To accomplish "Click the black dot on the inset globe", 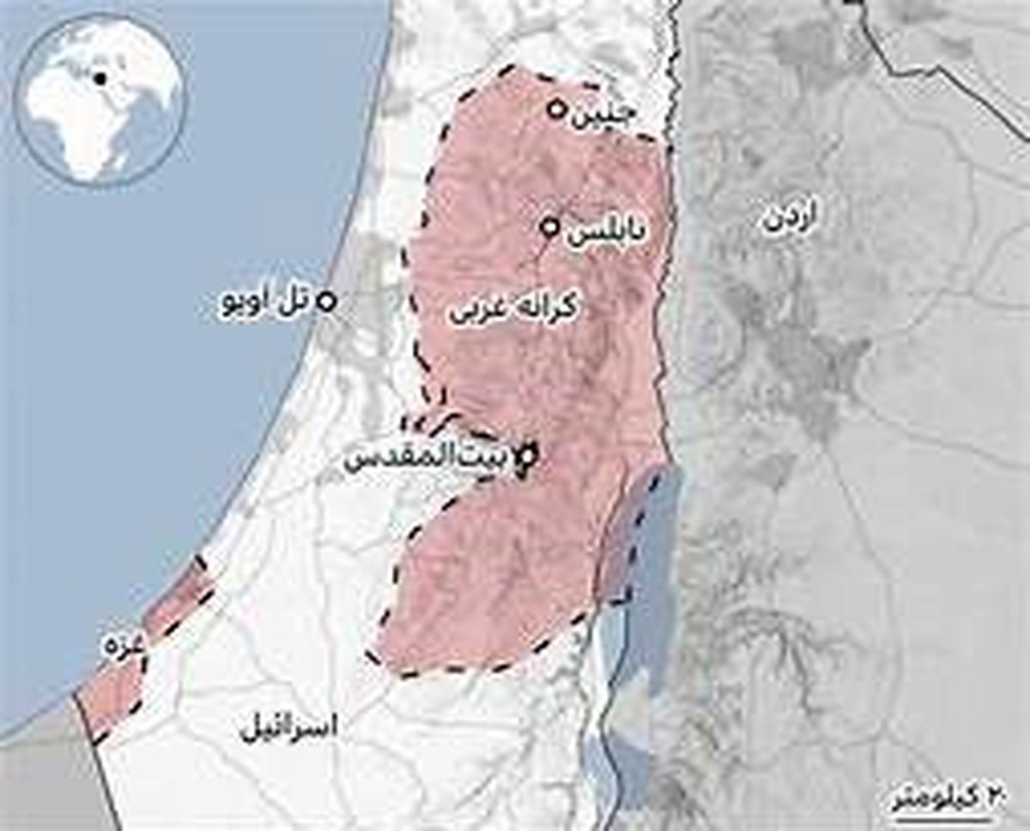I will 100,79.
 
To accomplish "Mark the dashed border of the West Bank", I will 418,326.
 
